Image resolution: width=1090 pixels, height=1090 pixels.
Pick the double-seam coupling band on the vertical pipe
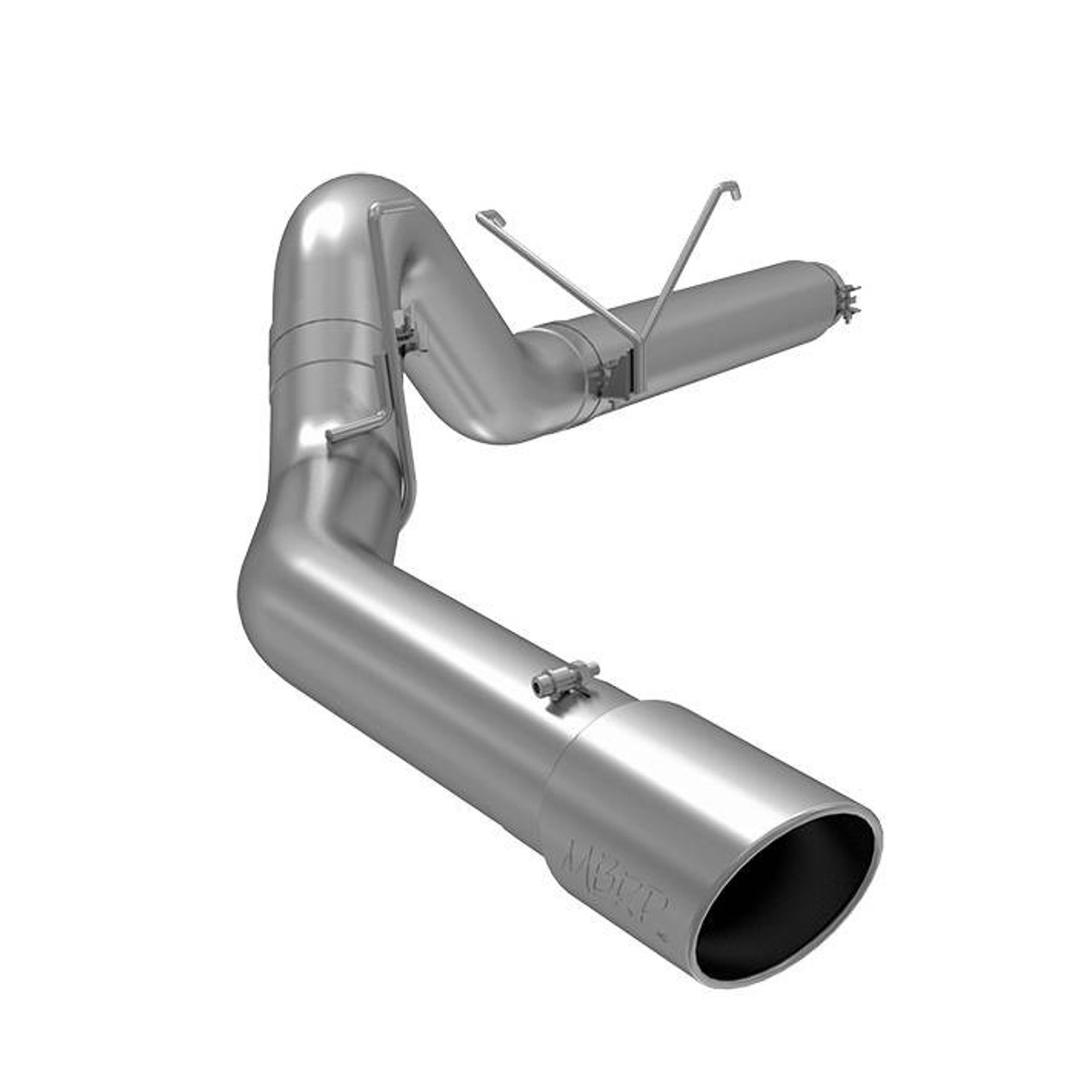click(x=327, y=350)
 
